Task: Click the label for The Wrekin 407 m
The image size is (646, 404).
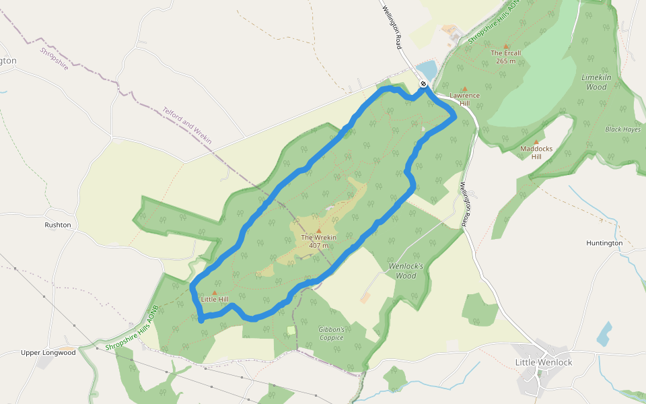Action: coord(318,241)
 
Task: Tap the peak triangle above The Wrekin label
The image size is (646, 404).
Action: coord(319,230)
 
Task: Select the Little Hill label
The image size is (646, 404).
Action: coord(215,299)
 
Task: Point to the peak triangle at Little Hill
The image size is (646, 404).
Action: coord(215,292)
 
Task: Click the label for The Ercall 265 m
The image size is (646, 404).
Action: coord(506,57)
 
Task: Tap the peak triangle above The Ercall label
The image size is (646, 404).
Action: coord(506,46)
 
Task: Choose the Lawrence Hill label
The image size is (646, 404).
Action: coord(464,99)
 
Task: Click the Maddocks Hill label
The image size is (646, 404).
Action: coord(536,152)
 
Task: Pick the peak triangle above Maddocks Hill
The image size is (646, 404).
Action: coord(536,141)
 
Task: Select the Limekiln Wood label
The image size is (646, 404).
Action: coord(596,82)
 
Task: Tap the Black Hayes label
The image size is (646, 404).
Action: coord(622,129)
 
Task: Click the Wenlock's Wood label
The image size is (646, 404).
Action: coord(406,271)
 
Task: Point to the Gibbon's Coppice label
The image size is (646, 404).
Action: coord(332,333)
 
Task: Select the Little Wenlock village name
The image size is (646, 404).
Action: coord(544,362)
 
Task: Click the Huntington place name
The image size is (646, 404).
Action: coord(604,243)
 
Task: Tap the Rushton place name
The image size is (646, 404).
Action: coord(58,225)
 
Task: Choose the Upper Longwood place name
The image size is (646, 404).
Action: coord(48,352)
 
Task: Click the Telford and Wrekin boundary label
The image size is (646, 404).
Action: coord(187,125)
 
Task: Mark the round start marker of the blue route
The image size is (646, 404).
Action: coord(423,83)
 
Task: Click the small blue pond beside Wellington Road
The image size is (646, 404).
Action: coord(427,69)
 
